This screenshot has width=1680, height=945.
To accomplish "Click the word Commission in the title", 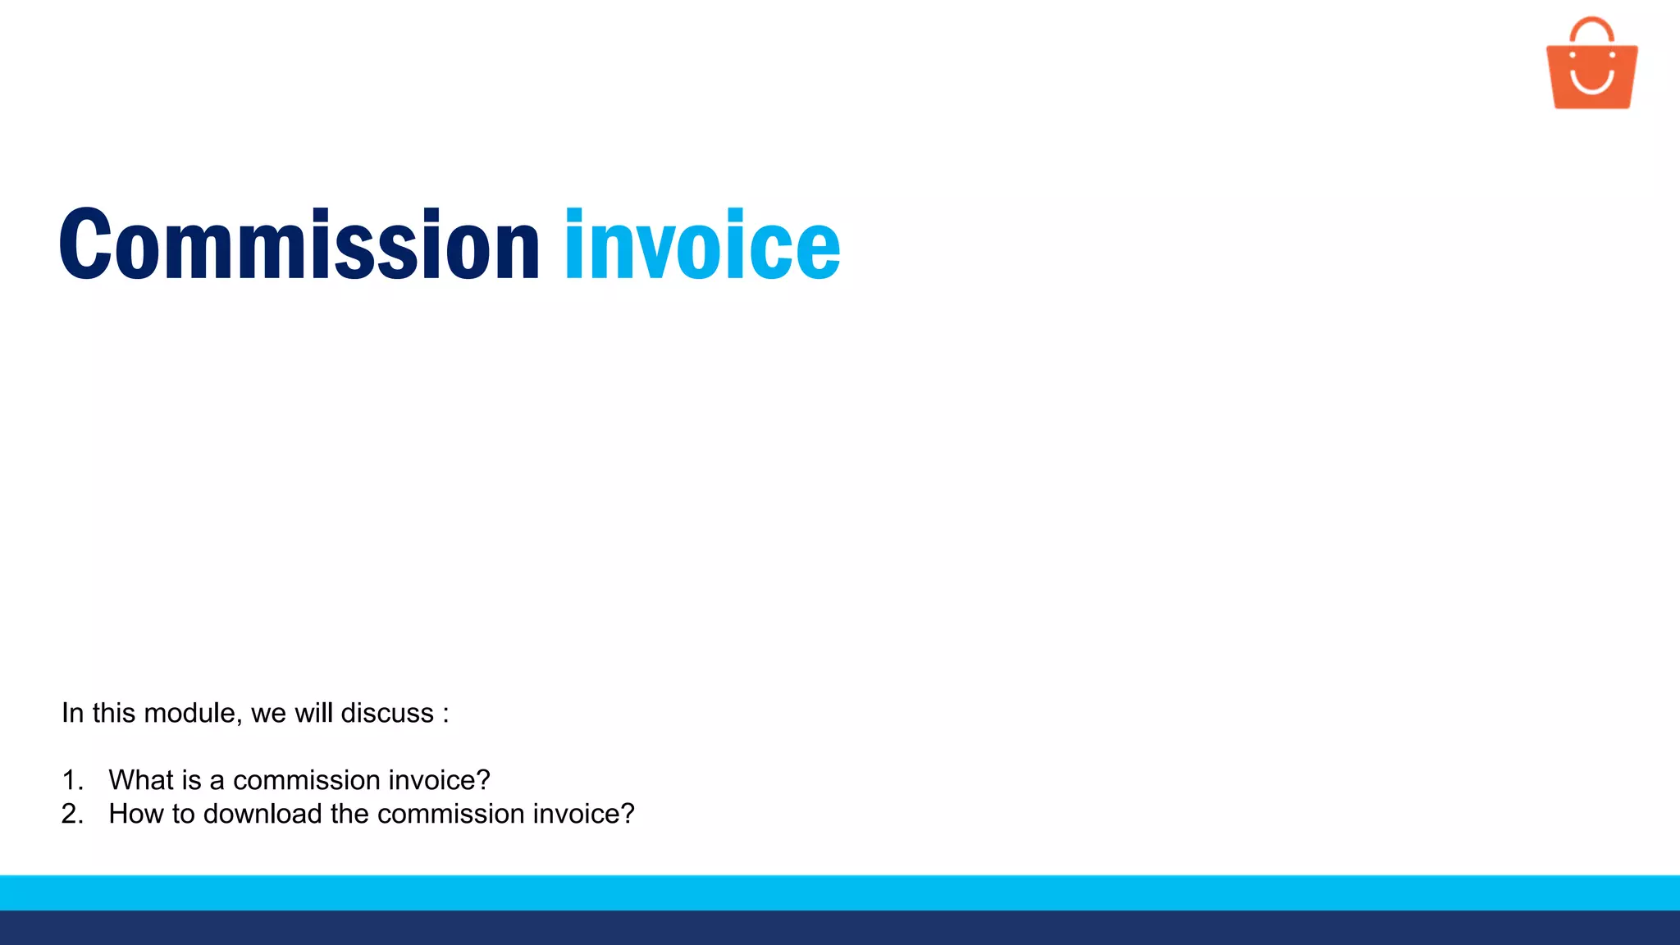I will pyautogui.click(x=299, y=244).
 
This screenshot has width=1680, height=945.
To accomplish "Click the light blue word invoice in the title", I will pyautogui.click(x=702, y=244).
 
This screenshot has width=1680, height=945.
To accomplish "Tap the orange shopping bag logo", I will pyautogui.click(x=1591, y=74).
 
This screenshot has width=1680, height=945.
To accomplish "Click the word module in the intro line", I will pyautogui.click(x=193, y=713).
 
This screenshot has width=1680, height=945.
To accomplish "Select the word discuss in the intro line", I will pyautogui.click(x=387, y=713).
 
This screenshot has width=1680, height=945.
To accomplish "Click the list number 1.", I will pyautogui.click(x=72, y=780).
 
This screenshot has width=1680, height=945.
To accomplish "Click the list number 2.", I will pyautogui.click(x=72, y=814).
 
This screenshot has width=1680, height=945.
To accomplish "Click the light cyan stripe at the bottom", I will pyautogui.click(x=840, y=892).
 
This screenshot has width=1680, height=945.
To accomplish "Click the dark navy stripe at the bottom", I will pyautogui.click(x=840, y=928).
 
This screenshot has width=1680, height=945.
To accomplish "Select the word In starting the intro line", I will pyautogui.click(x=72, y=713).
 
